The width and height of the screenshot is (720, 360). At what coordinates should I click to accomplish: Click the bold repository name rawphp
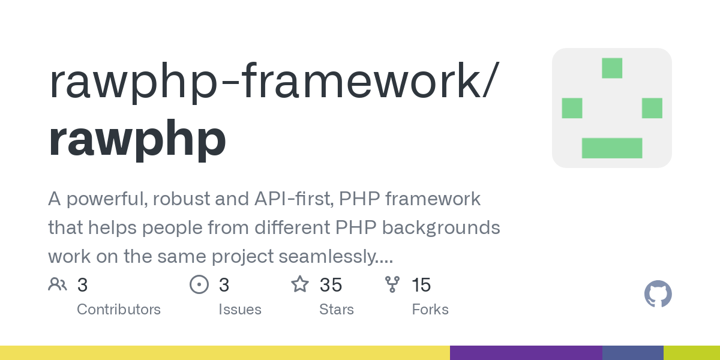pyautogui.click(x=137, y=139)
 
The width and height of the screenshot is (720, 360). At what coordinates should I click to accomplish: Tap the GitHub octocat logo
pyautogui.click(x=658, y=294)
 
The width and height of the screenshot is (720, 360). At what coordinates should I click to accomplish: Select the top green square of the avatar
pyautogui.click(x=612, y=68)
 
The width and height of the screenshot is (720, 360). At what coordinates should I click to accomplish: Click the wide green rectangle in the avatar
pyautogui.click(x=612, y=148)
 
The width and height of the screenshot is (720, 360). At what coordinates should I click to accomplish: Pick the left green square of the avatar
pyautogui.click(x=572, y=108)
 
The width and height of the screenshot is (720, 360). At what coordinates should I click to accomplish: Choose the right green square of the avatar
pyautogui.click(x=652, y=108)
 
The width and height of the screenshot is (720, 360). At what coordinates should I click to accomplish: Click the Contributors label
pyautogui.click(x=119, y=310)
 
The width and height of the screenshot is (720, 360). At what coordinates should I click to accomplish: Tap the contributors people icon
pyautogui.click(x=58, y=284)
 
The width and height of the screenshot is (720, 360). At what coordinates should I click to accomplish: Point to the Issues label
pyautogui.click(x=240, y=310)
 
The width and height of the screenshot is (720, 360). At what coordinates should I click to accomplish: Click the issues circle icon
pyautogui.click(x=199, y=284)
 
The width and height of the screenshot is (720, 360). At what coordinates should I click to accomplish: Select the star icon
pyautogui.click(x=300, y=284)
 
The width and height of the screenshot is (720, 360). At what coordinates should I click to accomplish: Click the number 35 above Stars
pyautogui.click(x=331, y=285)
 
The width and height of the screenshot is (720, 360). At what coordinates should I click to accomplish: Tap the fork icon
pyautogui.click(x=392, y=284)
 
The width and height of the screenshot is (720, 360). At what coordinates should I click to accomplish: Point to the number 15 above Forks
pyautogui.click(x=421, y=285)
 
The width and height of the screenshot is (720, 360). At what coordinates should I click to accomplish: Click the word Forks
pyautogui.click(x=430, y=310)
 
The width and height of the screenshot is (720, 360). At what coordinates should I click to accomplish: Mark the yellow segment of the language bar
pyautogui.click(x=225, y=353)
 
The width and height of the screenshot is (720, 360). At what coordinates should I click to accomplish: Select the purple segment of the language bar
pyautogui.click(x=526, y=353)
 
